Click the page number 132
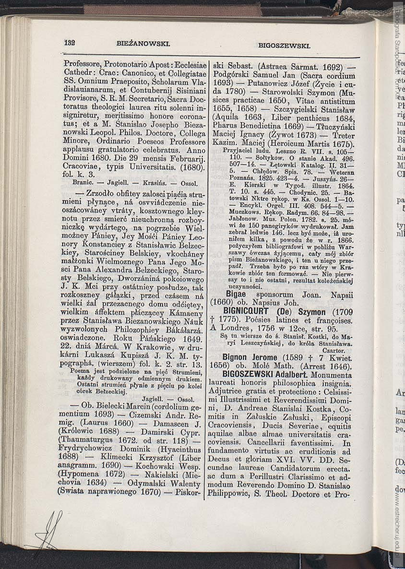pyautogui.click(x=70, y=42)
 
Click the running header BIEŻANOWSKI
pyautogui.click(x=143, y=43)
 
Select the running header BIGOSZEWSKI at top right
pyautogui.click(x=284, y=46)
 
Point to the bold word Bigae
pyautogui.click(x=236, y=294)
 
